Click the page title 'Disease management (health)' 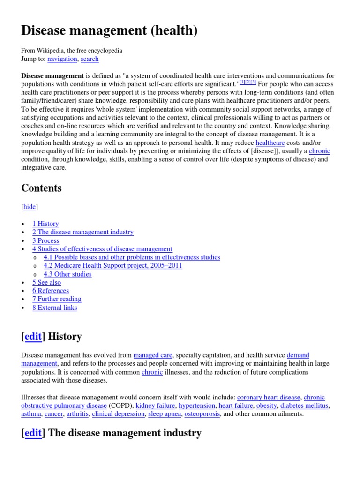point(109,31)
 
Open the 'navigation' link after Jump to point(62,59)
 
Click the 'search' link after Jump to point(90,59)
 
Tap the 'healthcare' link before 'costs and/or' point(270,142)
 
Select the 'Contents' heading point(41,188)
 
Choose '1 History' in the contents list point(45,224)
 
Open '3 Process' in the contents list point(45,240)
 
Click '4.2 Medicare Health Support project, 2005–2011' point(112,265)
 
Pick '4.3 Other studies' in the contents point(67,274)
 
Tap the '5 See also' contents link point(46,282)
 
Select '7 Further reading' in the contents point(57,299)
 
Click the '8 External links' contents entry point(54,307)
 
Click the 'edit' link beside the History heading point(33,337)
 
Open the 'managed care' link point(153,355)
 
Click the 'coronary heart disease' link point(268,397)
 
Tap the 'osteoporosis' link point(202,414)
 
